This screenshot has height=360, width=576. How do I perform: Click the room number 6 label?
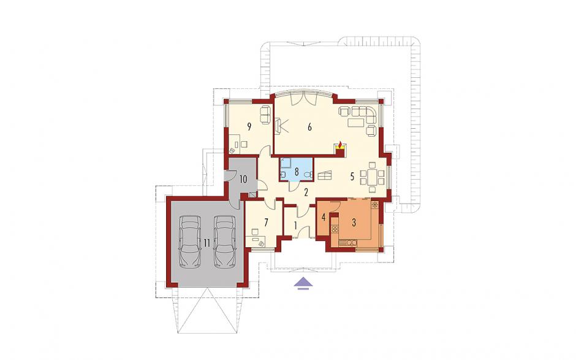point(309,127)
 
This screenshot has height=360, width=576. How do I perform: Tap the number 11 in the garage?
point(207,242)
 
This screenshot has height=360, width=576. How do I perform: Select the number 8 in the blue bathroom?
point(297,171)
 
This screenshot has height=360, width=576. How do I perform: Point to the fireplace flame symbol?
point(340,144)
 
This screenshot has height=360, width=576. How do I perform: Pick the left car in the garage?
point(189,240)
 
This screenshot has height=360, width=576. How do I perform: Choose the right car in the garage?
point(224,240)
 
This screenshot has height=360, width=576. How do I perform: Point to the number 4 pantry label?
point(324,217)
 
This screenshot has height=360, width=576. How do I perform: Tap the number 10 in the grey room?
point(243,180)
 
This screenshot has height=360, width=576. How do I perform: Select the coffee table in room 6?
point(357,123)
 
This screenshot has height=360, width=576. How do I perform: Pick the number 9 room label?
point(249,127)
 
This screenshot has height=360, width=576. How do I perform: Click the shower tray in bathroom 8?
point(286,162)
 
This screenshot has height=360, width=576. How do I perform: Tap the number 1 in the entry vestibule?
point(295,225)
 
